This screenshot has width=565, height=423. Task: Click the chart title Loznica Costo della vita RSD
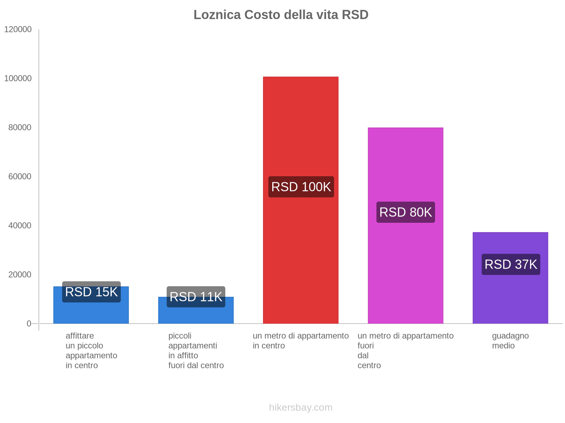coord(281,15)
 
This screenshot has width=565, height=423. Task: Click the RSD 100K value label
coord(301,187)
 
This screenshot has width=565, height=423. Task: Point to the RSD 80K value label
coord(405,212)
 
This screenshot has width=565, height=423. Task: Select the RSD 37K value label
coord(511,264)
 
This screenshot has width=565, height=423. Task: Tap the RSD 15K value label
coord(91,292)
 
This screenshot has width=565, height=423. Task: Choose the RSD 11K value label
coord(196,297)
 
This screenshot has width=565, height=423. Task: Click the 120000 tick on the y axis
coord(18,30)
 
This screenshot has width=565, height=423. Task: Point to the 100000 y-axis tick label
coord(18,79)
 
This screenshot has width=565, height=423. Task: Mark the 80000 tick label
coord(20,128)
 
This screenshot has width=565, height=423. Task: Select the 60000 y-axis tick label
coord(20,177)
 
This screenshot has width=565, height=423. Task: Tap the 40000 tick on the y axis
coord(20,226)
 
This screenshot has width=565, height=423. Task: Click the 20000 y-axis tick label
coord(20,275)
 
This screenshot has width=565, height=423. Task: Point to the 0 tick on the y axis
coord(29,324)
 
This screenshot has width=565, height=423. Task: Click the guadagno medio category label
coord(510,341)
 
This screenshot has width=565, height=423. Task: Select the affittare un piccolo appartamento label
coord(91,350)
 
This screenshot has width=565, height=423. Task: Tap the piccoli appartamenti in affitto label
coord(196,350)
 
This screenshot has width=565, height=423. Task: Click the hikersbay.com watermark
coord(301,407)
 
